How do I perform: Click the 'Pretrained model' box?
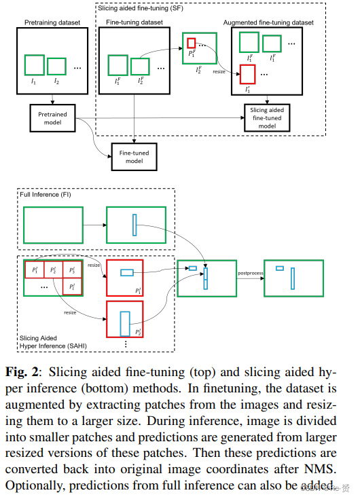(52, 119)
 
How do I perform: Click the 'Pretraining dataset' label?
(52, 23)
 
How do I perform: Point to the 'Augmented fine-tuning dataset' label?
(268, 23)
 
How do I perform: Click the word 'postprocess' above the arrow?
(250, 273)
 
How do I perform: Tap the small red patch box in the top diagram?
(192, 43)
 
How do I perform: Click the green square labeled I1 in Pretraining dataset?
(35, 65)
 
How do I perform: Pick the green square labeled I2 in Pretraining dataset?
(57, 66)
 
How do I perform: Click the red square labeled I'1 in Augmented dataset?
(247, 74)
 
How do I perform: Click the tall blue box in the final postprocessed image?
(293, 278)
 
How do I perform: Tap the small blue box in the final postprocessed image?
(279, 269)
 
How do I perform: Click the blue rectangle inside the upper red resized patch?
(126, 273)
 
